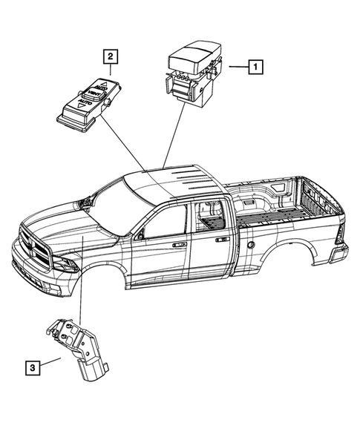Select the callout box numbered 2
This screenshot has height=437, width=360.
click(110, 56)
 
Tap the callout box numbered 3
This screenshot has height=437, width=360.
click(31, 366)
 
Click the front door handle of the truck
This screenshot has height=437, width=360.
click(178, 243)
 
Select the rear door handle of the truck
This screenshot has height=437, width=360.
click(220, 240)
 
